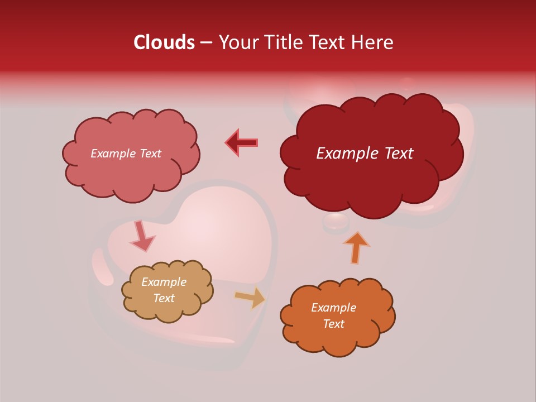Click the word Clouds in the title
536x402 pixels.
tap(164, 42)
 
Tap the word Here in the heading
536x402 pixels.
tap(373, 42)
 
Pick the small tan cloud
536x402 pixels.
tap(167, 310)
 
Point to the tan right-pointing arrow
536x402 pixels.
tap(251, 298)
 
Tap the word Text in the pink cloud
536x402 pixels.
tap(149, 154)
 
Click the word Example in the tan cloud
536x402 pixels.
tap(164, 282)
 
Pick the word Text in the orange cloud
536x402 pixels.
tap(333, 324)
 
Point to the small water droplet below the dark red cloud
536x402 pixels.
tap(336, 222)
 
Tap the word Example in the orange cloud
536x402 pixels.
tap(333, 308)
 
